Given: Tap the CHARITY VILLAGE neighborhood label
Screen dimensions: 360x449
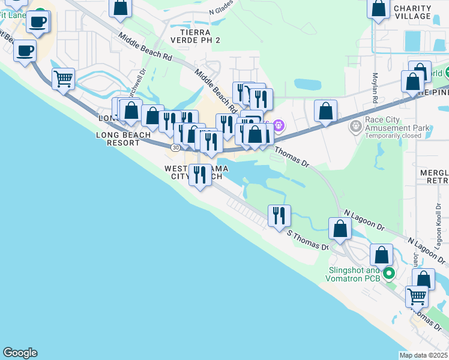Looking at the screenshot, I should (412, 12).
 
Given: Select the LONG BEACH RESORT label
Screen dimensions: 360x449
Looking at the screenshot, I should (124, 139).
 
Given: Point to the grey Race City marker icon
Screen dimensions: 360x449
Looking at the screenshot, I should (354, 127).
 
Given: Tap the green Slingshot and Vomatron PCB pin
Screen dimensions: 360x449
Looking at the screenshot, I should (388, 274).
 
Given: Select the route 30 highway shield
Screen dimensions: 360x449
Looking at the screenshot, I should (175, 146).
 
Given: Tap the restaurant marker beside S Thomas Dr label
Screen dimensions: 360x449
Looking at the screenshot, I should (279, 215).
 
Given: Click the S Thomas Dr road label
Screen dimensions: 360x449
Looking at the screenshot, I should (308, 240).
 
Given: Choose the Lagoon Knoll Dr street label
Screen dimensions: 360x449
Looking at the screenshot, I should (438, 219).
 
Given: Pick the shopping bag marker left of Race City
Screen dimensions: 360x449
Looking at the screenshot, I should (325, 111).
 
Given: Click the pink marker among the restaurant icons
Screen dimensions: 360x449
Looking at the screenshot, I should (277, 125).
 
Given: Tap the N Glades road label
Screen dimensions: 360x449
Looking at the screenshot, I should (220, 11).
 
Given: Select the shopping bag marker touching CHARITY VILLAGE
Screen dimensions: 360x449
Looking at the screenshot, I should (378, 10).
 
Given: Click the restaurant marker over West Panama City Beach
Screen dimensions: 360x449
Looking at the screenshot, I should (200, 175).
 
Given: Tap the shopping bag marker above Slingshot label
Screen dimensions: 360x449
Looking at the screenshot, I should (381, 255).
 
